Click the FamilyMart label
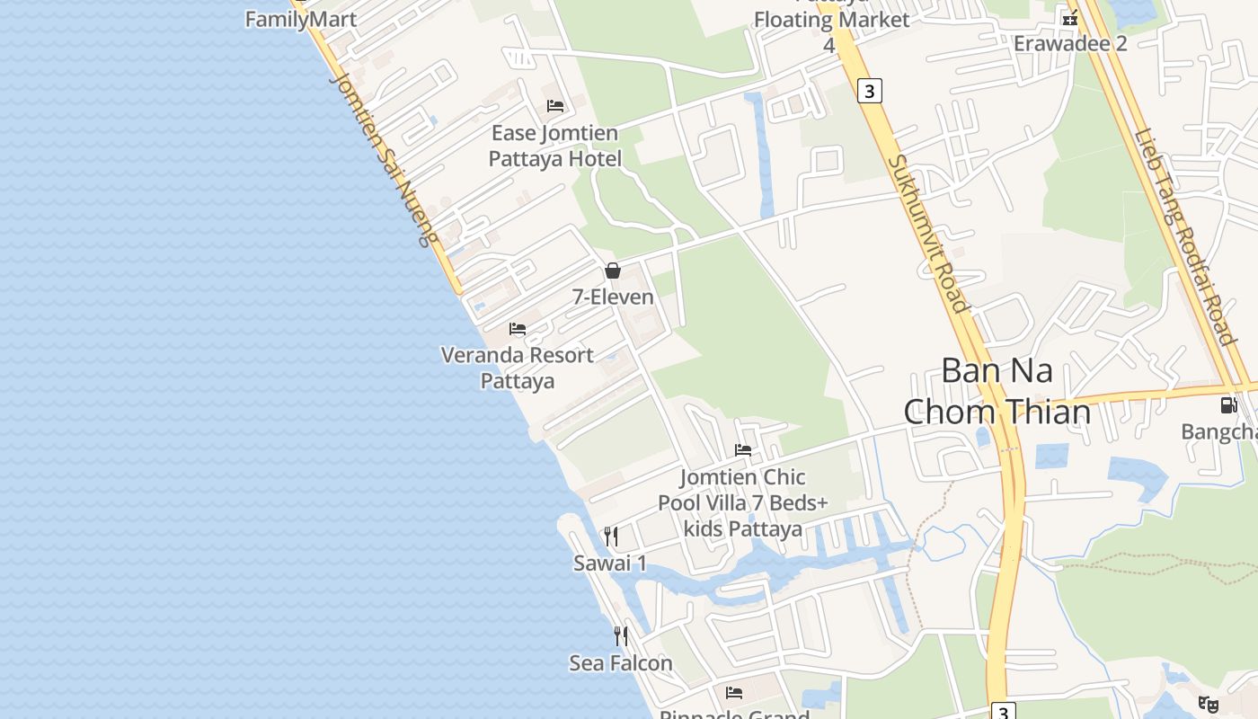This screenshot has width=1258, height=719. tap(301, 19)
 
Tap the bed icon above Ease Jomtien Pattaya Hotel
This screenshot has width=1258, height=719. tap(555, 106)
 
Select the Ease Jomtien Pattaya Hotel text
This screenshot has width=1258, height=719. tap(554, 146)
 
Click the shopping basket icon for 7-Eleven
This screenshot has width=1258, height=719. tap(613, 271)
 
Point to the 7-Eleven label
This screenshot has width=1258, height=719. tap(613, 297)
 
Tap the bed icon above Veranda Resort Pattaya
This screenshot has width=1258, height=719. tap(518, 329)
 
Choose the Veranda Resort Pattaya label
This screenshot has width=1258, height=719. tap(518, 368)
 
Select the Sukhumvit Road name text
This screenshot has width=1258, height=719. tap(929, 234)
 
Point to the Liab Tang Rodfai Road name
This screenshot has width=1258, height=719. tap(1184, 237)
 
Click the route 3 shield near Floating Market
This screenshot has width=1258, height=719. tap(869, 91)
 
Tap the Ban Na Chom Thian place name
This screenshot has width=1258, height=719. tap(997, 391)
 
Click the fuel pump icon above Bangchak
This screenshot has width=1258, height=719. tap(1228, 405)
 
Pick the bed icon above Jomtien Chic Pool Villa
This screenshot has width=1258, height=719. tap(743, 450)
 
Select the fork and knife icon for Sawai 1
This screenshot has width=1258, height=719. tap(611, 537)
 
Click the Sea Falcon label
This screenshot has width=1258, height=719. tap(621, 663)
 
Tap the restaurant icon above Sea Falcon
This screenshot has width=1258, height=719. tap(621, 636)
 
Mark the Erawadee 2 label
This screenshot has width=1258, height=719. tap(1070, 43)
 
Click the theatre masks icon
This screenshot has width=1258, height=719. tap(1209, 704)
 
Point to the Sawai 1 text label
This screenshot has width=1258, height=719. tap(610, 564)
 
